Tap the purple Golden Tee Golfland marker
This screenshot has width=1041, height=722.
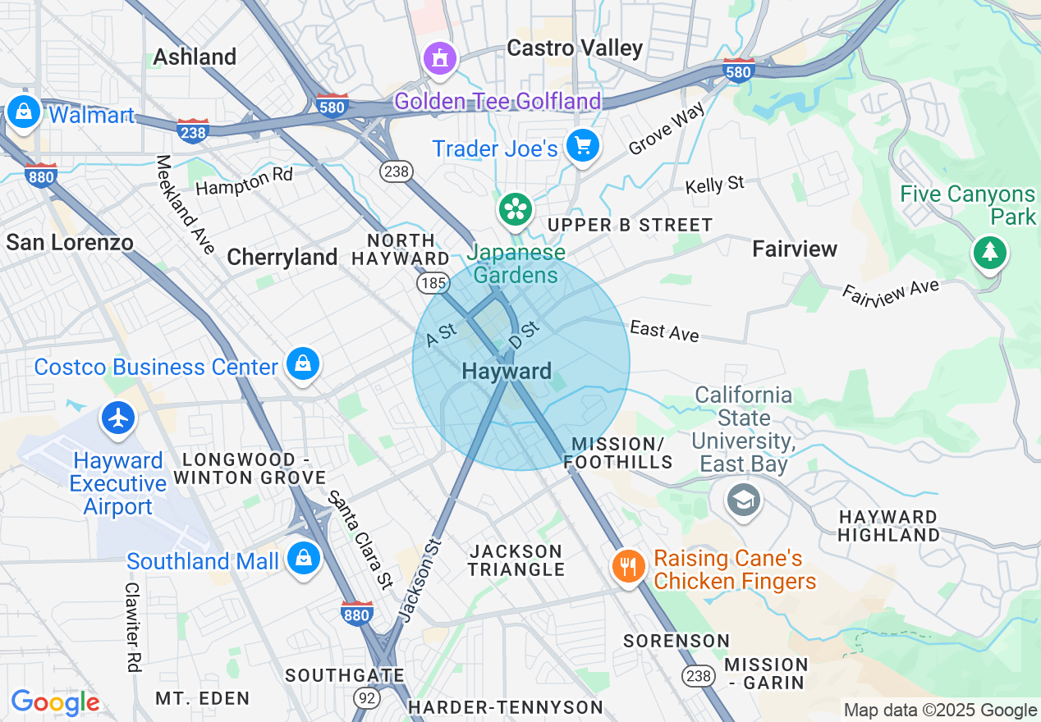pos(439,58)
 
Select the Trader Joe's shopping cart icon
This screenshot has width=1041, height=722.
pos(583,146)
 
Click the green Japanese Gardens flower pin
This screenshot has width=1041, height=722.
pos(516,209)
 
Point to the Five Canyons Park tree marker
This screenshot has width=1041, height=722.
pos(990,252)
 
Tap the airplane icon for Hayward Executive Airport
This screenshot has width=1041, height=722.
pos(119,418)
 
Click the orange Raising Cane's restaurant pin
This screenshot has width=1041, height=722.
pos(628,565)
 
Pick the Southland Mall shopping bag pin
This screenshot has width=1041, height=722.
pos(304,559)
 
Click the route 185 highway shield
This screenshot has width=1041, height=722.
pos(433,284)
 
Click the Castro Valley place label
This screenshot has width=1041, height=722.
pos(575,48)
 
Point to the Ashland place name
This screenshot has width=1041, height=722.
pos(195,57)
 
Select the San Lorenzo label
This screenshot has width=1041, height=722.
pos(69,242)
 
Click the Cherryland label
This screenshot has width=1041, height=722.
pos(282,258)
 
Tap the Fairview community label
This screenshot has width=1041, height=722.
pos(795,249)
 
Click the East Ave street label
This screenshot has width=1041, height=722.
pos(664,331)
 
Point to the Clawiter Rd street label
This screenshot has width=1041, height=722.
pos(133,628)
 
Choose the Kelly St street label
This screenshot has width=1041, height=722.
pos(715,185)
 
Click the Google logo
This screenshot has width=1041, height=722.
pos(55,703)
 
